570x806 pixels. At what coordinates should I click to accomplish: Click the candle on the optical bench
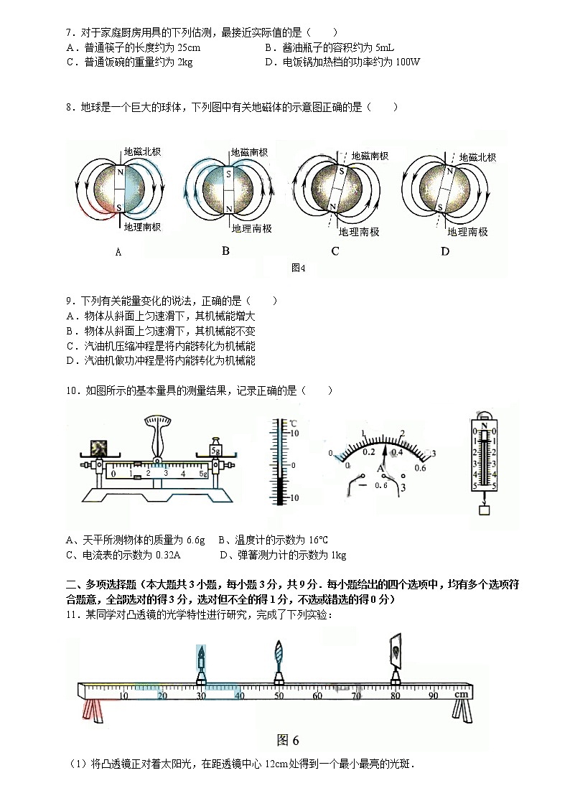202,658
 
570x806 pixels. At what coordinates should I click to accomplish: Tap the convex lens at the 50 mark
279,655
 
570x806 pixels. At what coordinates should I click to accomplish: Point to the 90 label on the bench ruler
433,695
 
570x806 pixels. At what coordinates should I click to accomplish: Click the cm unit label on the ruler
461,694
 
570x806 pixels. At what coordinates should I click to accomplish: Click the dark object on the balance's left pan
96,449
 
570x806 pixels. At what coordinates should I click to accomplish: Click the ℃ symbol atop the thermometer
294,423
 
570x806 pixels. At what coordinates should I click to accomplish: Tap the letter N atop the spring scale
485,427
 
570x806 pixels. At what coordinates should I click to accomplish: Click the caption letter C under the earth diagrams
335,251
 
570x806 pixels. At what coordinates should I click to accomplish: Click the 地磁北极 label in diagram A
142,152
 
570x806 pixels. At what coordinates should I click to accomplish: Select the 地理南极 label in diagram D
467,232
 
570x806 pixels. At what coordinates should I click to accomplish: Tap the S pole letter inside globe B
228,174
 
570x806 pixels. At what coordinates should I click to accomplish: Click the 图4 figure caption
299,268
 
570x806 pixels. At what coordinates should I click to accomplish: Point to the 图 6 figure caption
287,740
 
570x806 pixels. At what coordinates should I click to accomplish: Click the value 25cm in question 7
189,47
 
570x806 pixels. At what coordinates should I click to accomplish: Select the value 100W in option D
406,62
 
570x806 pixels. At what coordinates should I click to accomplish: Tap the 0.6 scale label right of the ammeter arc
421,469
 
